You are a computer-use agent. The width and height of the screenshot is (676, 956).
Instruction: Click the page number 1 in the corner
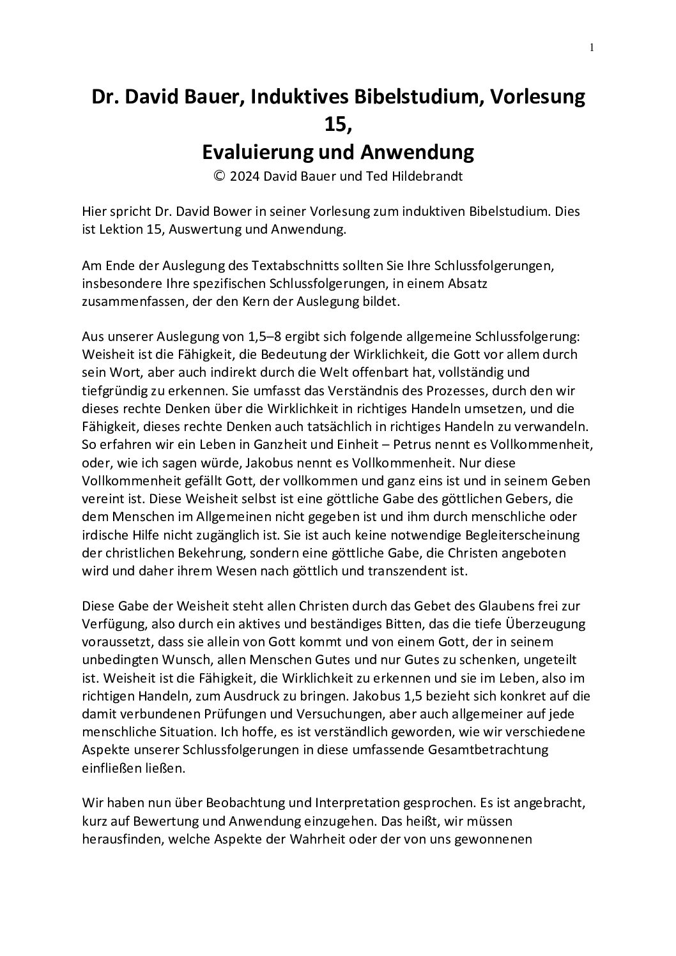592,47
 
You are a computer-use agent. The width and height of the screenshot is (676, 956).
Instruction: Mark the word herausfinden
121,837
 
